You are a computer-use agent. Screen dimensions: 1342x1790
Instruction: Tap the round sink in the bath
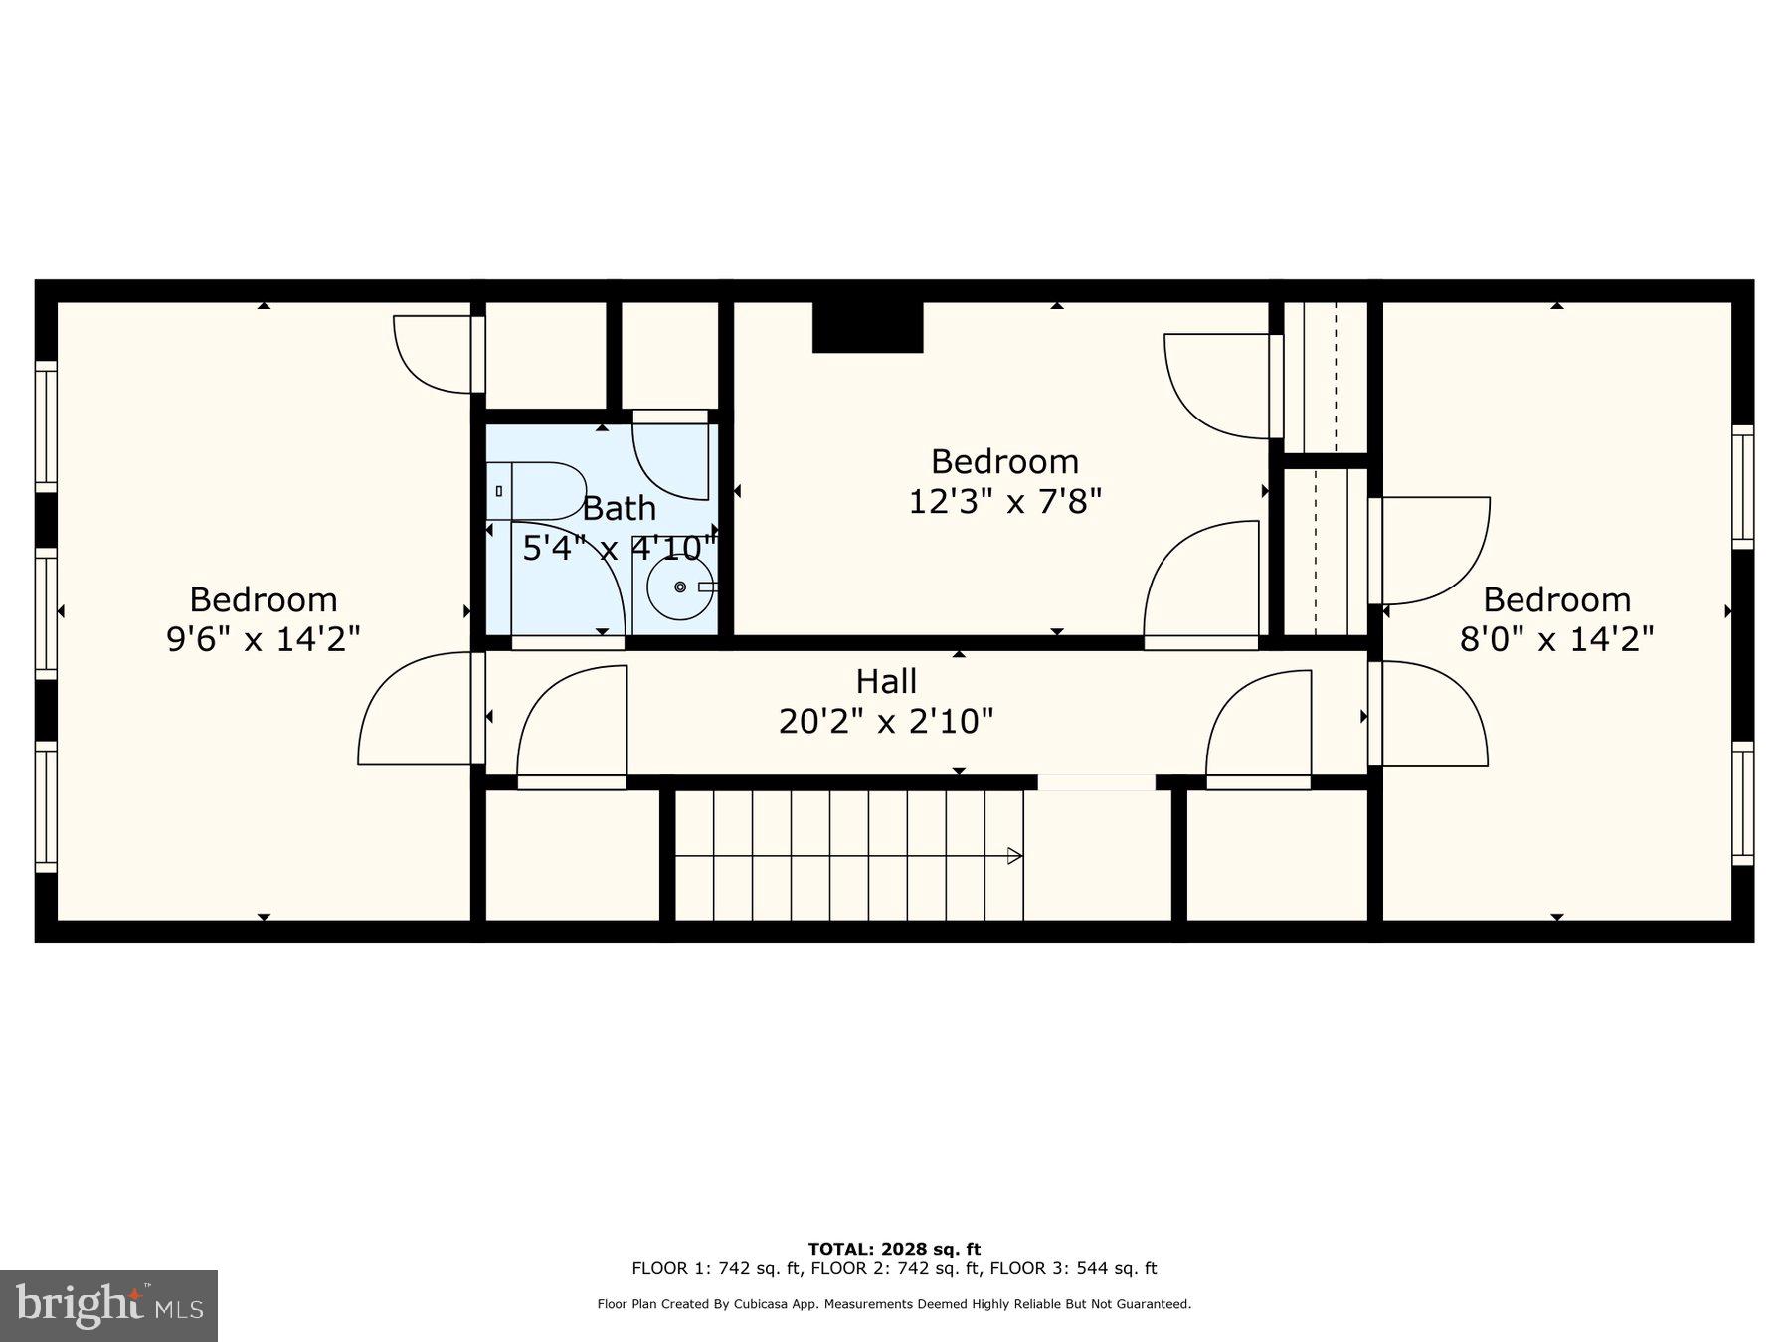[x=680, y=587]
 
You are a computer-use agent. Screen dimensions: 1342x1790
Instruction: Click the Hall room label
[x=886, y=682]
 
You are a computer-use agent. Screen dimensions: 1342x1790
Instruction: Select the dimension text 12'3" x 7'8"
[x=1005, y=501]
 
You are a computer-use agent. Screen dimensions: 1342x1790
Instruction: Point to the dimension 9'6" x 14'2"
[x=264, y=638]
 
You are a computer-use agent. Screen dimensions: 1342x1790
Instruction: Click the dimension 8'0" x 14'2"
[x=1556, y=638]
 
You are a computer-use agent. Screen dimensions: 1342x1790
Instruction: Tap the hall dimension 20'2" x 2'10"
[x=886, y=721]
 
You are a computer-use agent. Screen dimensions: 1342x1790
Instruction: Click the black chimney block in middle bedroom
[x=867, y=327]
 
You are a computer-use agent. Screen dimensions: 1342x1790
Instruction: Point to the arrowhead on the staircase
[x=1014, y=855]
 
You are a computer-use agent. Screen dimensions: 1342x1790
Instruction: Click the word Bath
[x=619, y=508]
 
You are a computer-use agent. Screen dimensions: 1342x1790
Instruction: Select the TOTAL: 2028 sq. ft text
[x=894, y=1249]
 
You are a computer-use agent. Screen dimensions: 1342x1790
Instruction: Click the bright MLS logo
[x=108, y=1305]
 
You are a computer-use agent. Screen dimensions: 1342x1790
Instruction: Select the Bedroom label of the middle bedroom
[x=1004, y=461]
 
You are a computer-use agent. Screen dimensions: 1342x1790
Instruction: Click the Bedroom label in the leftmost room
[x=264, y=599]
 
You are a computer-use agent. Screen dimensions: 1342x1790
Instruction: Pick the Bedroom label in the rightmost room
[x=1556, y=599]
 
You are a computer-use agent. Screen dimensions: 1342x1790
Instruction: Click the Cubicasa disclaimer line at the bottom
[x=894, y=1304]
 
